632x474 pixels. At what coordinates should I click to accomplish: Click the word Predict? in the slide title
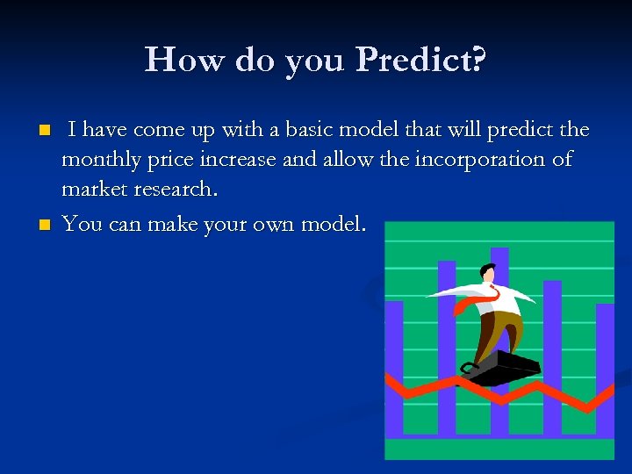(422, 61)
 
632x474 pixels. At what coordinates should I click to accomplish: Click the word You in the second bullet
(82, 224)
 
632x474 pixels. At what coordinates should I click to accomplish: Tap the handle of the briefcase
(470, 368)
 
